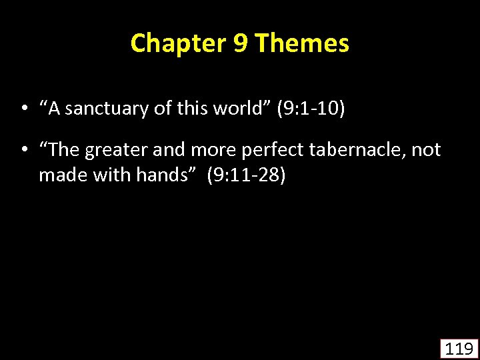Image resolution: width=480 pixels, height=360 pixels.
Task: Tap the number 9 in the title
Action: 241,44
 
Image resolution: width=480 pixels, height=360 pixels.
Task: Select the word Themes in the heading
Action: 302,44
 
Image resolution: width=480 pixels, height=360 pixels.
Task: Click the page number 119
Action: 459,349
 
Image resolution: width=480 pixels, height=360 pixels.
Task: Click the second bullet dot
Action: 23,151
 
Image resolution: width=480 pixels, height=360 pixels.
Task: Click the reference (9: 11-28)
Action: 246,177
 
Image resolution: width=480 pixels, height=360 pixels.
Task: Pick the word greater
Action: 117,151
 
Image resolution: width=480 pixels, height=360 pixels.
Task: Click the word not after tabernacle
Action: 426,151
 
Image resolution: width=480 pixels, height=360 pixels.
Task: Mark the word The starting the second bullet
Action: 64,151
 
